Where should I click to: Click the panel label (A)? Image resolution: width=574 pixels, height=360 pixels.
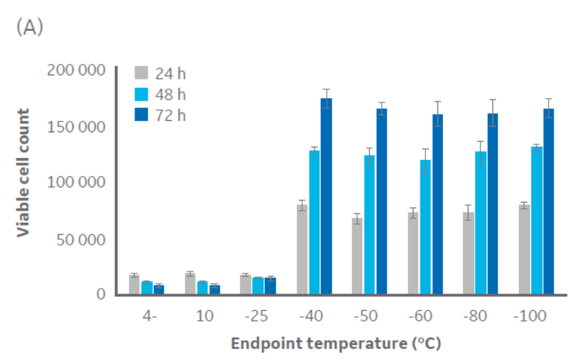tap(30, 28)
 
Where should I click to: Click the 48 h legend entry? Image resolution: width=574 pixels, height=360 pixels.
tap(170, 95)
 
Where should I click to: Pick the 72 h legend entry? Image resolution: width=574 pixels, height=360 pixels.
tap(170, 115)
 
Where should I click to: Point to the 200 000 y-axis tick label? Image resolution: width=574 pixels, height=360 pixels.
tap(76, 70)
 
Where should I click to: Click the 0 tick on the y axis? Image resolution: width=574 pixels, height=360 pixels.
tap(100, 294)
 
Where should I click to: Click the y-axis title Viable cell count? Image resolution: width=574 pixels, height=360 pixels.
tap(23, 173)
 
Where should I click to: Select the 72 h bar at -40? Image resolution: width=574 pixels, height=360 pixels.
tap(326, 196)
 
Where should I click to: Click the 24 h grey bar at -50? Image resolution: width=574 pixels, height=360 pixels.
tap(357, 256)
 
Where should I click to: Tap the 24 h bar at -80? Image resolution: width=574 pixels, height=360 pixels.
tap(469, 253)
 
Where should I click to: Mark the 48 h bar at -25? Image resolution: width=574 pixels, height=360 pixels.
tap(258, 286)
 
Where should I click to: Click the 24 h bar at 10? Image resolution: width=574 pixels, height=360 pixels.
tap(190, 284)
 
